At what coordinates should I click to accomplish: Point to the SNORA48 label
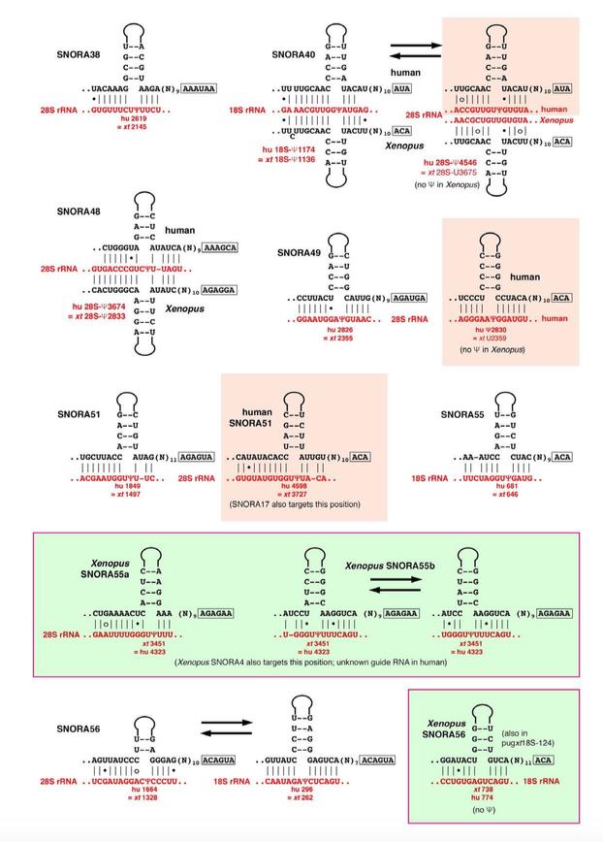[x=75, y=210]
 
